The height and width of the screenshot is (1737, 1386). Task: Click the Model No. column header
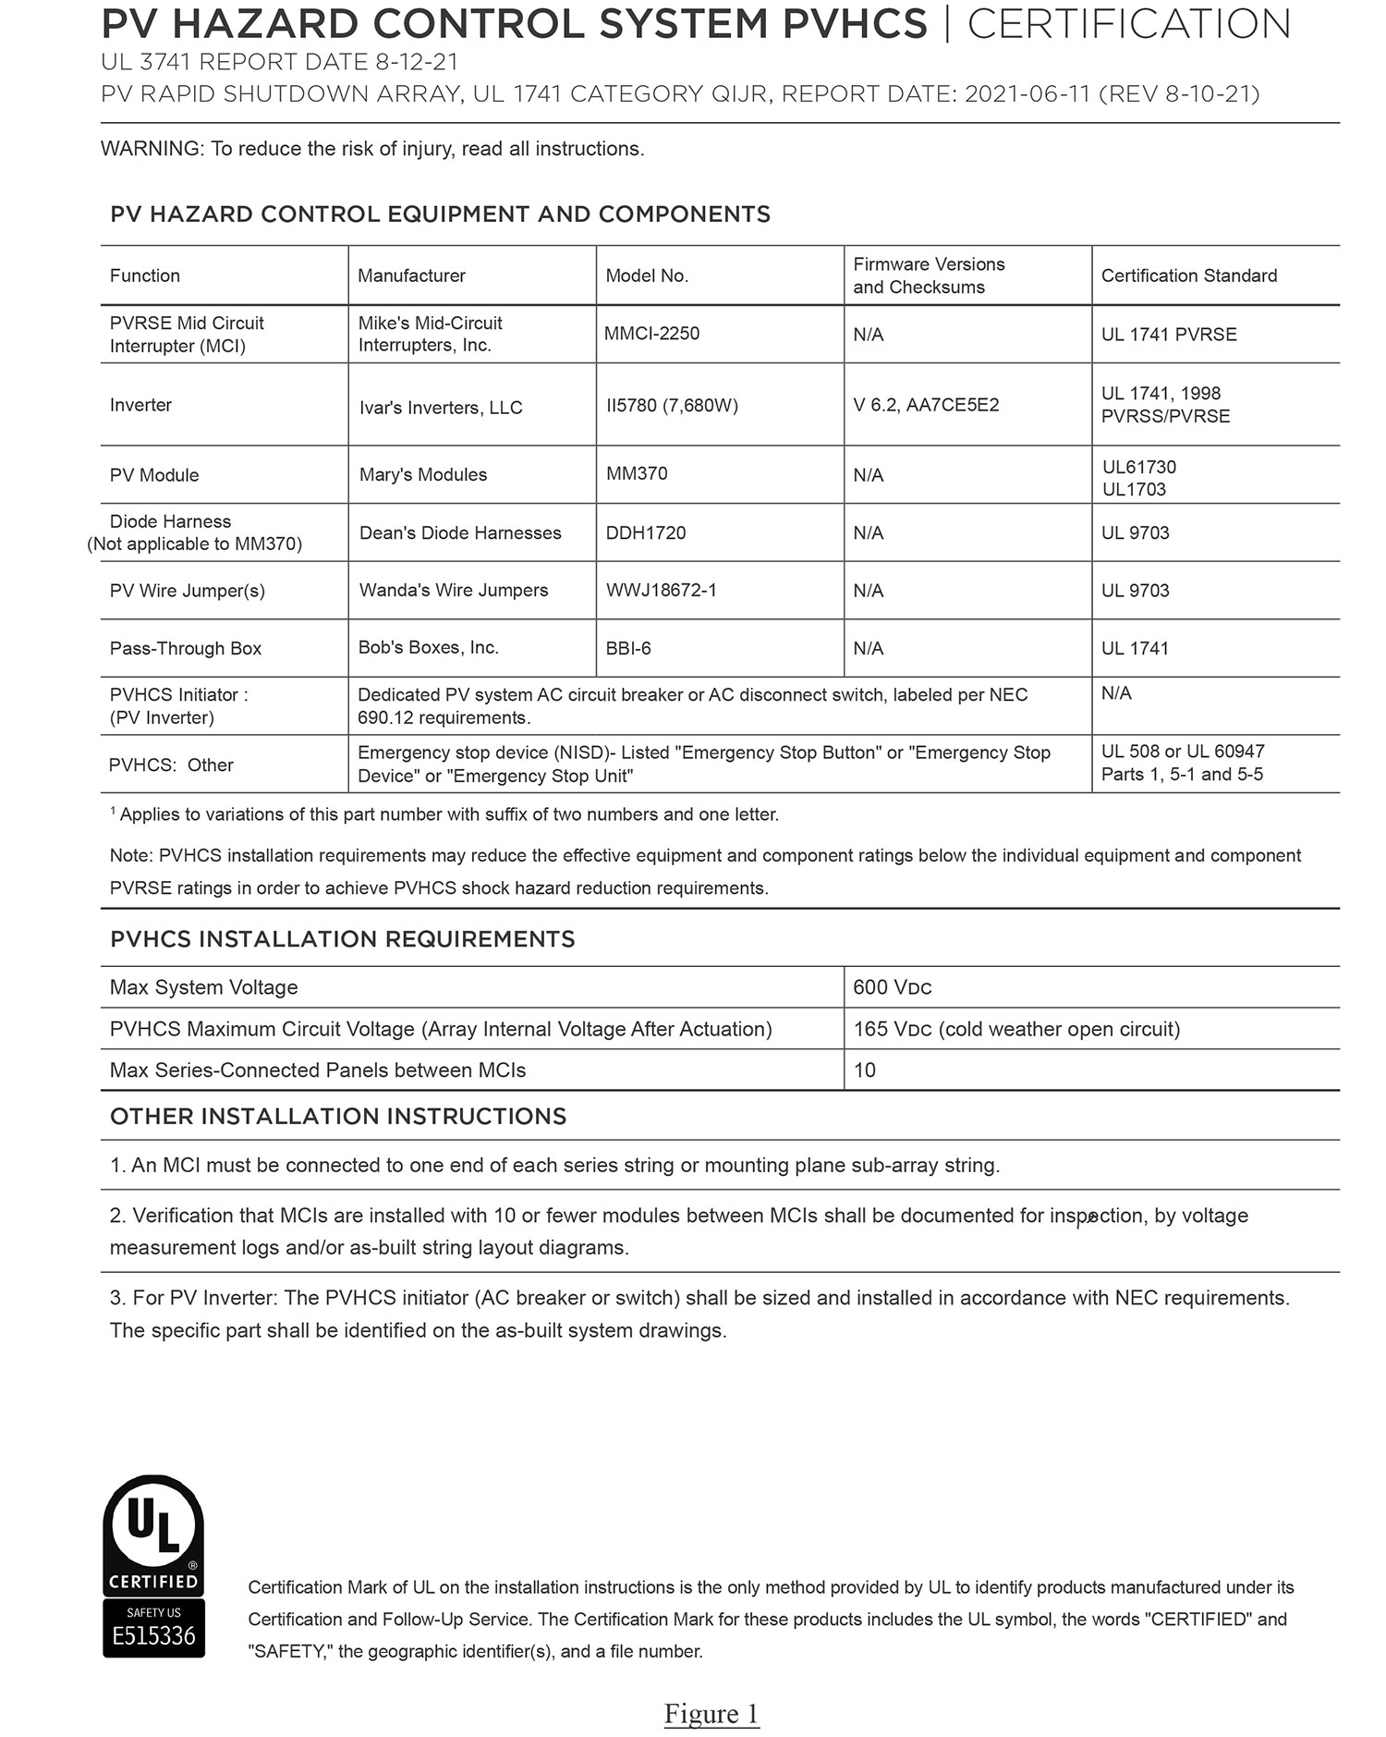tap(647, 275)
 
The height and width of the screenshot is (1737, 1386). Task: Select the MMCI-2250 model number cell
tap(651, 334)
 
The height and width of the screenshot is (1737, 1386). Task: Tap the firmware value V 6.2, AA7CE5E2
tap(926, 405)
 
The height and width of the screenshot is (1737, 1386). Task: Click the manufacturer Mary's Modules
tap(423, 474)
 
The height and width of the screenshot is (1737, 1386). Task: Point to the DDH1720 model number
tap(646, 532)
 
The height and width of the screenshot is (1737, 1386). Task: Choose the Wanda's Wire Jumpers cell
tap(454, 590)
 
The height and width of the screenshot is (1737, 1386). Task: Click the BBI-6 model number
tap(628, 648)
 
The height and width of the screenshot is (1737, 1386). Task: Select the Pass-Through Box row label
tap(186, 648)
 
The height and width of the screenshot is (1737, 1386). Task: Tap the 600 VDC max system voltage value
tap(893, 987)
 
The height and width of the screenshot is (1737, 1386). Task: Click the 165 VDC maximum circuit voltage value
tap(1016, 1029)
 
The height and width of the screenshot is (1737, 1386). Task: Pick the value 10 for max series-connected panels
tap(865, 1070)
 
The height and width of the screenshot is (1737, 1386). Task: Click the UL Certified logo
tap(153, 1534)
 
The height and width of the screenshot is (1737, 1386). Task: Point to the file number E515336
tap(153, 1636)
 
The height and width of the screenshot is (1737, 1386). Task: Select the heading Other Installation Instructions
tap(338, 1116)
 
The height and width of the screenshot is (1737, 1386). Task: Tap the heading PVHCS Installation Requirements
tap(343, 939)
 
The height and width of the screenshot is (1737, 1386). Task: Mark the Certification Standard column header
tap(1189, 275)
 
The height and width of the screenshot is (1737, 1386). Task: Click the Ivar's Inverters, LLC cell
tap(441, 408)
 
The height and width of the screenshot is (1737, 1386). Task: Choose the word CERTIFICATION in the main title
tap(1128, 24)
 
